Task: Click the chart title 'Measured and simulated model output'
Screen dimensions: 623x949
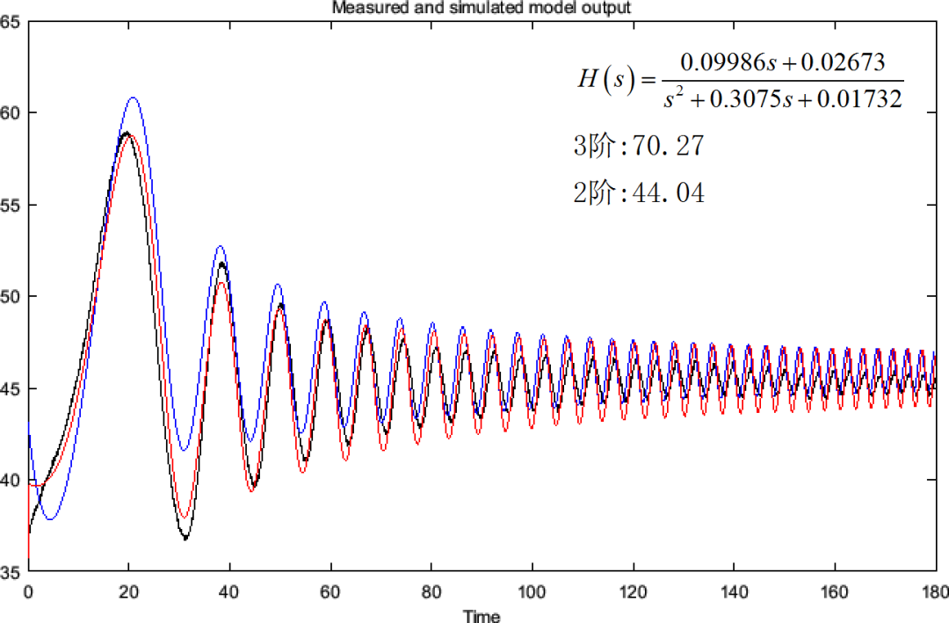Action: click(481, 8)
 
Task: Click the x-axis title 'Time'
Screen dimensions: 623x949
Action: click(482, 616)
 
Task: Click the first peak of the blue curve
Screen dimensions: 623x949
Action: click(133, 98)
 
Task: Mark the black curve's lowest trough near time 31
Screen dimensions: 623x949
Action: click(186, 539)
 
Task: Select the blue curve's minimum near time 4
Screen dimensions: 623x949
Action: click(49, 519)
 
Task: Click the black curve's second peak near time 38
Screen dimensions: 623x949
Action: click(222, 264)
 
